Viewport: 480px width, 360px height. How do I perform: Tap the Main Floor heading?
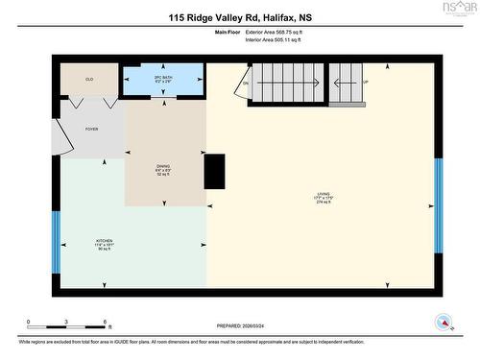228,32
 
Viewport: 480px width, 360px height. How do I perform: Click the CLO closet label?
89,79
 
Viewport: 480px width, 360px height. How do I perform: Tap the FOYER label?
91,128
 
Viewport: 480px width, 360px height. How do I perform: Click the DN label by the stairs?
246,84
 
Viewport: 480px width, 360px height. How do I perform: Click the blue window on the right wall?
439,202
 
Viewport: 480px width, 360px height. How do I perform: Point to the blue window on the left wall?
55,240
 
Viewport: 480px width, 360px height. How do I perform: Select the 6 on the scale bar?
107,322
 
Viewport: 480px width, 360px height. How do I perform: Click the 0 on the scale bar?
29,322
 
